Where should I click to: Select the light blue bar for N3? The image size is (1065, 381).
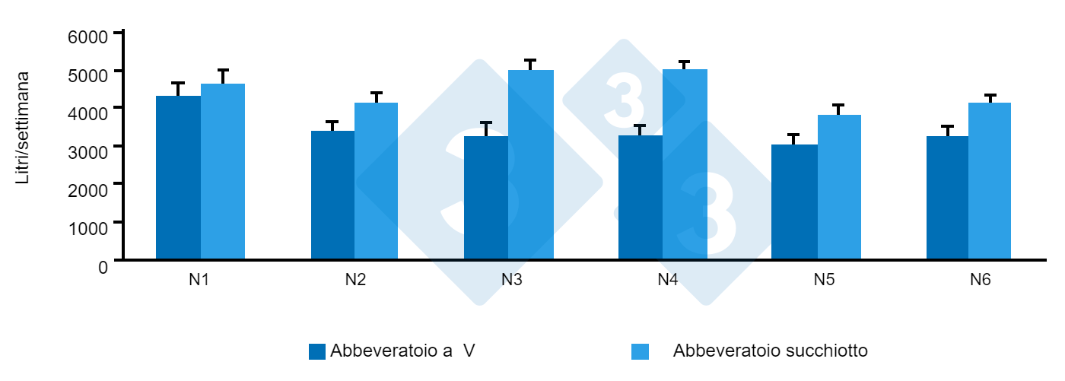[x=531, y=164]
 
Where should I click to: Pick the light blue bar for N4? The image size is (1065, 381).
[x=685, y=164]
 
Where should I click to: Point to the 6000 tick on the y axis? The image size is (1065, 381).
[x=119, y=33]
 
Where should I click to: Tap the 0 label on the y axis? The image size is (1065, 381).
[x=103, y=266]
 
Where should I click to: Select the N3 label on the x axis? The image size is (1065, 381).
[x=511, y=280]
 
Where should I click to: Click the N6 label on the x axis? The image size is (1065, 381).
[x=980, y=280]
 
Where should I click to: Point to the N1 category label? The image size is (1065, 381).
[x=199, y=280]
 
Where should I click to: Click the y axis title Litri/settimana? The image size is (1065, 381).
[x=24, y=128]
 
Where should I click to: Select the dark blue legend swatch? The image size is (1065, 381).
[x=317, y=351]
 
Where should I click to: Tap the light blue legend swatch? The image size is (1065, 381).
[x=641, y=351]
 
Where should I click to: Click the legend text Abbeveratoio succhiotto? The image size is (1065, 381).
[x=770, y=351]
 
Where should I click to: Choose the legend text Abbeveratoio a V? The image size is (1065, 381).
[x=402, y=351]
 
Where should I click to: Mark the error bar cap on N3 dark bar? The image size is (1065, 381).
[x=486, y=122]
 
